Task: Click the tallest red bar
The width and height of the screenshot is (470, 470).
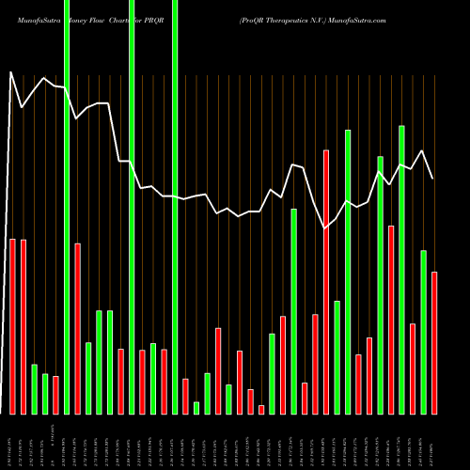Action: point(326,282)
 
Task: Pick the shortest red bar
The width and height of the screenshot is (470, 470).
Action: point(261,409)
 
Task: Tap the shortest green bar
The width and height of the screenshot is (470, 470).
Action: point(196,407)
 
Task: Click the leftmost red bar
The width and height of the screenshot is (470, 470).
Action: point(12,326)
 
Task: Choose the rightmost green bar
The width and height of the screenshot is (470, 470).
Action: point(423,332)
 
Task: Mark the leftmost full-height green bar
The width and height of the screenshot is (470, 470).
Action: point(67,207)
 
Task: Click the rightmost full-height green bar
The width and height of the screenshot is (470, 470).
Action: point(175,207)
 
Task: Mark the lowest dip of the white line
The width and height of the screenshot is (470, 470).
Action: point(325,228)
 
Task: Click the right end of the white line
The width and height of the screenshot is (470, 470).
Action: point(432,179)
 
